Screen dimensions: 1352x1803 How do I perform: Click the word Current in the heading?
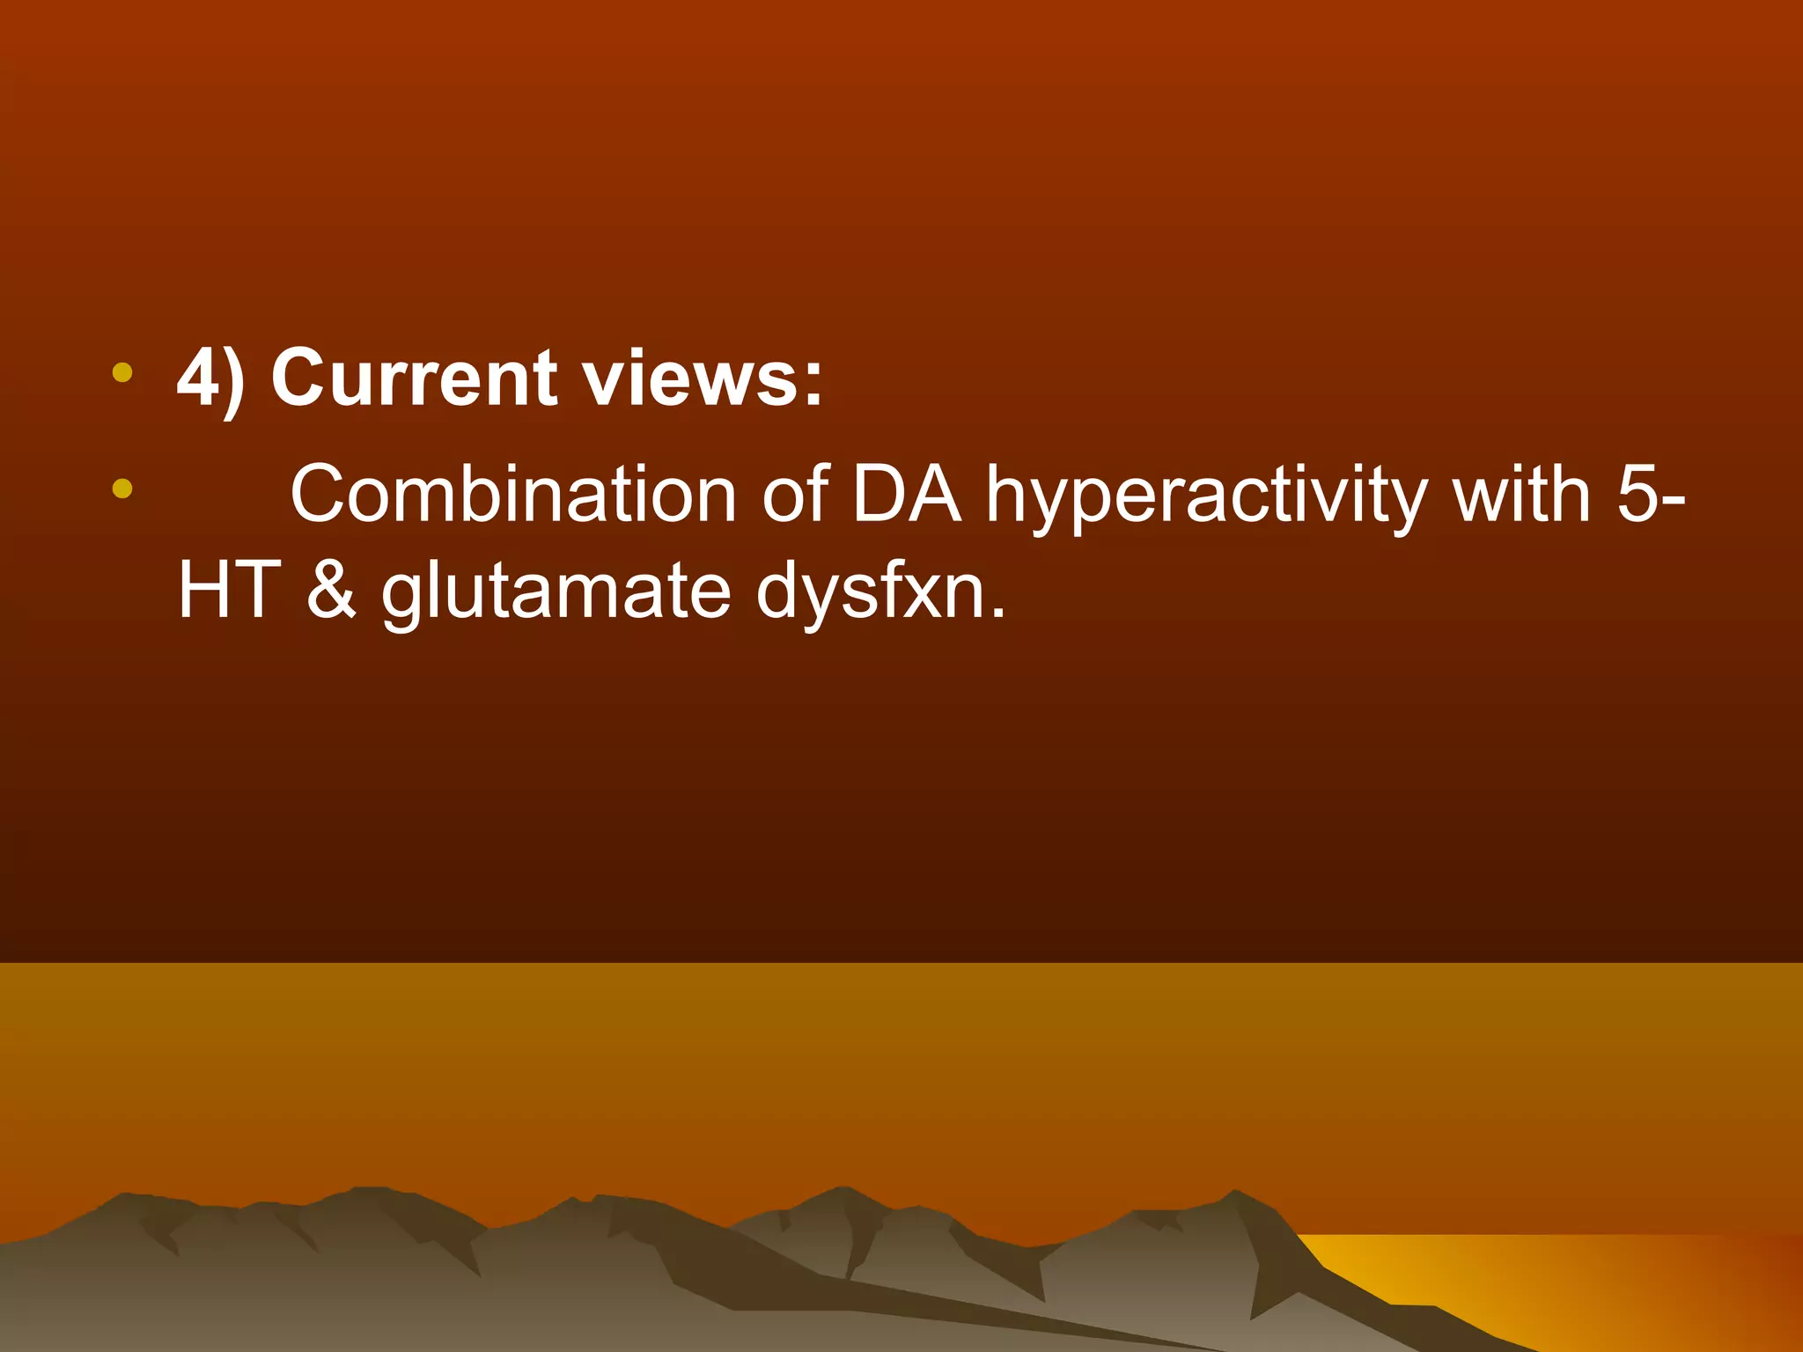(414, 378)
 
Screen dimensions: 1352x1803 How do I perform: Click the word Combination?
(513, 495)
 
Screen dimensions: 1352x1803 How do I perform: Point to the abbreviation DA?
(906, 495)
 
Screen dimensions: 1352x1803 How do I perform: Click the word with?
(1521, 495)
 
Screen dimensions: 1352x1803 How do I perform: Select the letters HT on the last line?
(229, 591)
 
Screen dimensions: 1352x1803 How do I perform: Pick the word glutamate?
(556, 594)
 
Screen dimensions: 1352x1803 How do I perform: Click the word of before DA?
(795, 495)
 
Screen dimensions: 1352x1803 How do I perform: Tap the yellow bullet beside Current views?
(122, 372)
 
